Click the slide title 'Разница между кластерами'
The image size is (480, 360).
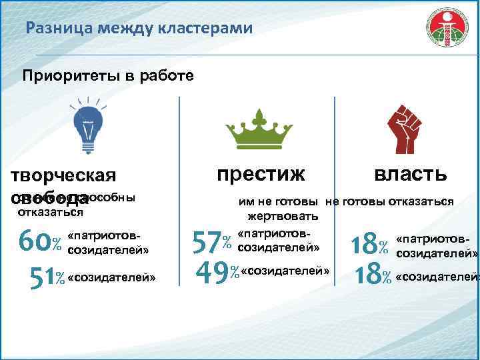(x=139, y=29)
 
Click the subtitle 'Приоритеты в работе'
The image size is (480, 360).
(x=109, y=75)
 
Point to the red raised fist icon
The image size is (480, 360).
(x=408, y=127)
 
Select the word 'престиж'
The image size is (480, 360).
(x=261, y=173)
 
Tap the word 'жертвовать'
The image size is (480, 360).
(x=283, y=217)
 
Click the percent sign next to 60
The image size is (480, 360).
(x=57, y=241)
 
